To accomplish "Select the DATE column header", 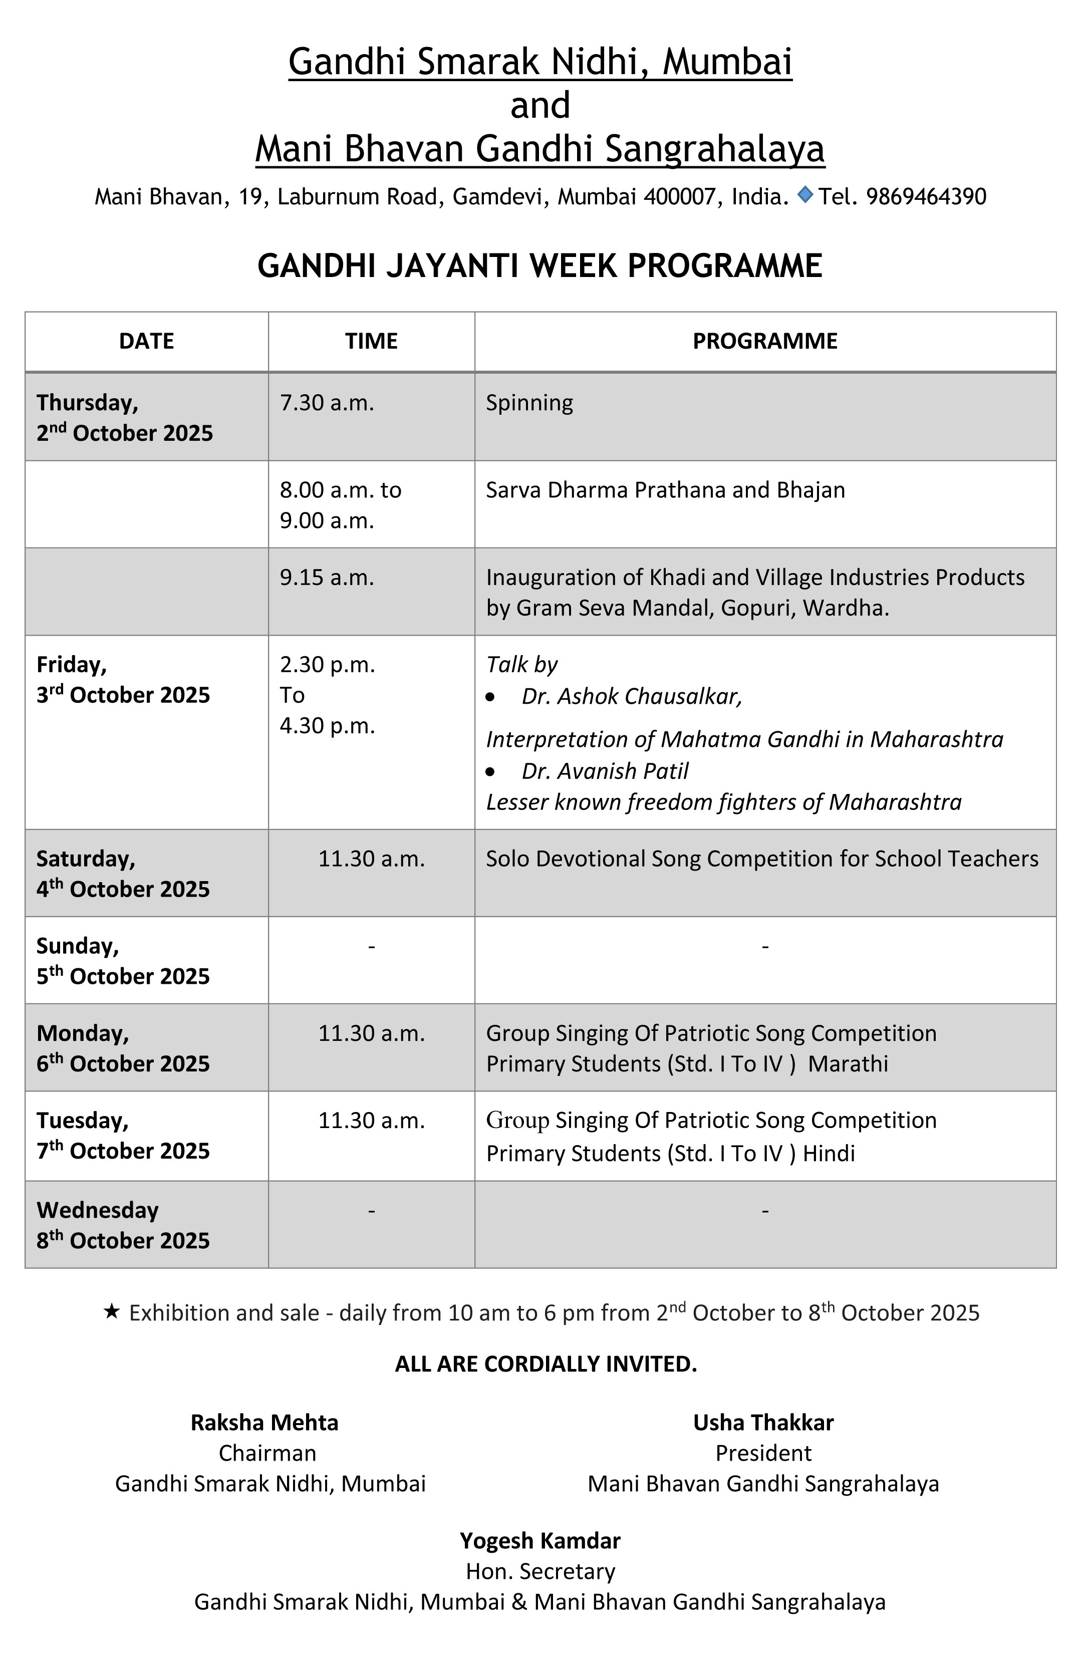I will pos(147,341).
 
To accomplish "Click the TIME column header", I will pos(372,341).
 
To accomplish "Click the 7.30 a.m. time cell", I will pos(327,403).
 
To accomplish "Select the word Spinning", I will pos(529,403).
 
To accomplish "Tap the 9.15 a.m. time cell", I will pos(327,577).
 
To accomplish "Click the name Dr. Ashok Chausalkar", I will pos(632,696).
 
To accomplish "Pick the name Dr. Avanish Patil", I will pos(605,771).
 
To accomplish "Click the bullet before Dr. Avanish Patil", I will pos(491,771).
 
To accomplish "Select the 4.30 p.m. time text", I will pos(327,726).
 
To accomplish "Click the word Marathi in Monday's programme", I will pos(848,1063).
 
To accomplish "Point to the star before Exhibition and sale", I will pos(111,1311).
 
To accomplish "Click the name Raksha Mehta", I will pos(264,1423).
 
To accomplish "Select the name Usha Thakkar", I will pos(763,1423).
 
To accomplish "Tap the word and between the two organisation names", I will pos(540,106).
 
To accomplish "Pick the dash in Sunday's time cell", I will pos(372,946).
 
